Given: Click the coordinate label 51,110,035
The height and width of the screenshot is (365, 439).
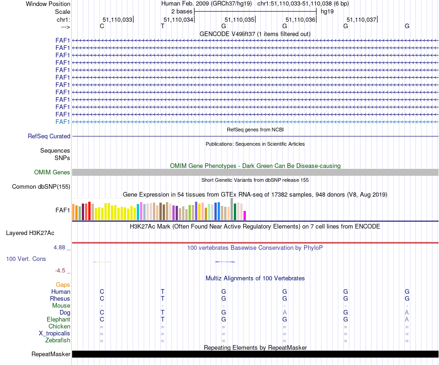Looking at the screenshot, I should click(239, 19).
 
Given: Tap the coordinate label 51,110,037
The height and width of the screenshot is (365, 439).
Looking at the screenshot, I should click(361, 19).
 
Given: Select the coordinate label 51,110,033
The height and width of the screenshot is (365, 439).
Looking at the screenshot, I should click(117, 19).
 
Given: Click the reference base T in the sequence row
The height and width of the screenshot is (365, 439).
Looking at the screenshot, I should click(163, 26).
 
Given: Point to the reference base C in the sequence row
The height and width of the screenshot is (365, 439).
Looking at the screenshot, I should click(102, 26).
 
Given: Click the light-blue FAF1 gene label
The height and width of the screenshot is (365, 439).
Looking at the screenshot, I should click(62, 122).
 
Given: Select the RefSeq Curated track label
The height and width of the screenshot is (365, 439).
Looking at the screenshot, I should click(49, 136).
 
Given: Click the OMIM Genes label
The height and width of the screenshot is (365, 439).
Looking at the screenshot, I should click(52, 173).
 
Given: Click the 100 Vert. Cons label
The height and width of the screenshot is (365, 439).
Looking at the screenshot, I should click(26, 259).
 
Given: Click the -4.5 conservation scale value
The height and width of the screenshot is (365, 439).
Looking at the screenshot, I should click(61, 271).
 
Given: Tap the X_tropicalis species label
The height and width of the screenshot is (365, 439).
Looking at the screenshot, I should click(55, 334).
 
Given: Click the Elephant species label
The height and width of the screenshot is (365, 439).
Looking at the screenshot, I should click(58, 320).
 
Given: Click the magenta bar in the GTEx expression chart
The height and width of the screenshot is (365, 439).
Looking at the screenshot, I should click(245, 216).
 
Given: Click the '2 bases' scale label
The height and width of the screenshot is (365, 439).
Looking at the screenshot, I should click(182, 11).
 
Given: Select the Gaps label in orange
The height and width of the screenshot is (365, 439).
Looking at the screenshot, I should click(63, 285).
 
